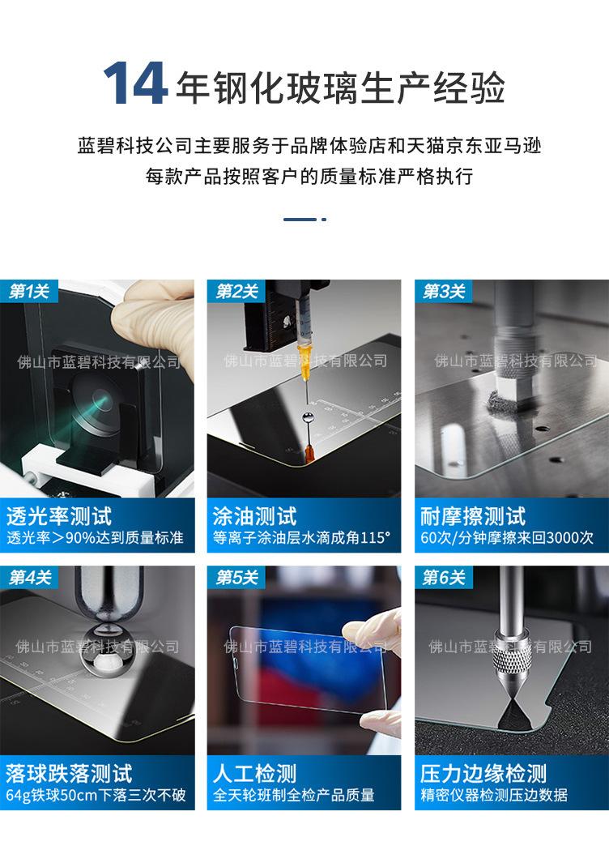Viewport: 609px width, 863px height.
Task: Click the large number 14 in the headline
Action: pyautogui.click(x=134, y=83)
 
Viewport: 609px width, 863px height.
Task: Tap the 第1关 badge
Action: pyautogui.click(x=28, y=291)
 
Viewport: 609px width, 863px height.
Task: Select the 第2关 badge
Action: pyautogui.click(x=236, y=291)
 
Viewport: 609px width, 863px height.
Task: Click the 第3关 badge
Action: pyautogui.click(x=444, y=291)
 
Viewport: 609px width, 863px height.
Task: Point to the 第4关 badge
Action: pyautogui.click(x=30, y=577)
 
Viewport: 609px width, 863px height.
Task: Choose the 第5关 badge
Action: pyautogui.click(x=237, y=577)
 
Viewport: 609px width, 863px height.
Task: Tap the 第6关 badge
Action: pyautogui.click(x=444, y=577)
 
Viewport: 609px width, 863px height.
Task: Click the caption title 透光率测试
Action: pyautogui.click(x=59, y=516)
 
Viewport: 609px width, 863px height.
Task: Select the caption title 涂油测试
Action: pyautogui.click(x=255, y=516)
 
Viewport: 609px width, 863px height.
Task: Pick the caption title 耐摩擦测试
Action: pyautogui.click(x=473, y=516)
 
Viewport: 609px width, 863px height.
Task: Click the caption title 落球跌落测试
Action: pyautogui.click(x=70, y=774)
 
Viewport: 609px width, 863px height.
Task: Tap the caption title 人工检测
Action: pyautogui.click(x=255, y=774)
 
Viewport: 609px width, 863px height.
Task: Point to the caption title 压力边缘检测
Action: pyautogui.click(x=483, y=774)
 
